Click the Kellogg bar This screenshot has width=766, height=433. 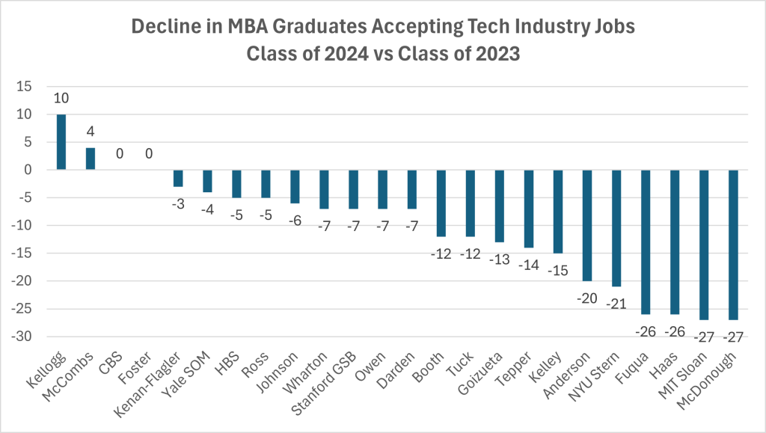(61, 142)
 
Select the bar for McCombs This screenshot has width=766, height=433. (91, 159)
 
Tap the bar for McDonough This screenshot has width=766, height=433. (733, 245)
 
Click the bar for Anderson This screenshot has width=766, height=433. (587, 225)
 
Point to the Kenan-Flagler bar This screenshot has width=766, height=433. (178, 178)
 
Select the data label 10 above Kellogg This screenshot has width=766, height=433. (61, 99)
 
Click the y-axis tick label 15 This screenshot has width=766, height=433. (25, 87)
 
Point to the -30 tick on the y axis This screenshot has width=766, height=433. (22, 337)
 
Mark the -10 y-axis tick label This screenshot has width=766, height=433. (22, 226)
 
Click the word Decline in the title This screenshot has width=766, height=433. (162, 28)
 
